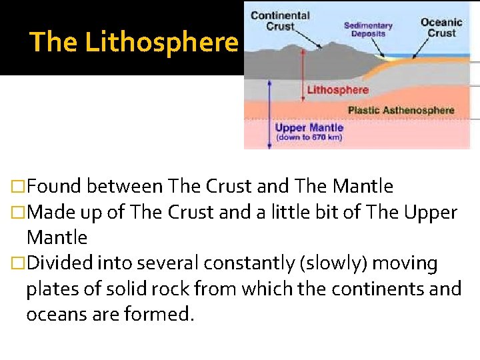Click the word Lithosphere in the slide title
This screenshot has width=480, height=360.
coord(161,43)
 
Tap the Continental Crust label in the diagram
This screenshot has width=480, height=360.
coord(280,21)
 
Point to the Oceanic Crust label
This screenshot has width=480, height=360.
coord(441,28)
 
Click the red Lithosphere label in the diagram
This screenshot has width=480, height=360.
coord(337,90)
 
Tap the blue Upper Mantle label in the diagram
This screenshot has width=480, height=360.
coord(309,127)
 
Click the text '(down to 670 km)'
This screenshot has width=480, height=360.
coord(309,137)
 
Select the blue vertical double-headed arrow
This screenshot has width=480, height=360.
coord(269,113)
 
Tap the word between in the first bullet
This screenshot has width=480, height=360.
coord(126,187)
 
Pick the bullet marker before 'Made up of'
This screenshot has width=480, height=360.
coord(19,213)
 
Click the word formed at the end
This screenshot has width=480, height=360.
coord(159,315)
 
